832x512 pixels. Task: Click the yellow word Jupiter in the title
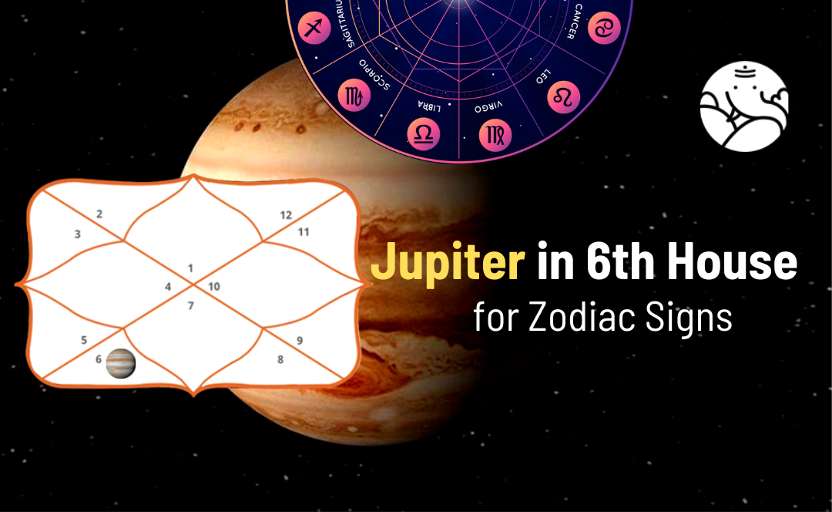(x=447, y=264)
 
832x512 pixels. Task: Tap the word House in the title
(x=732, y=262)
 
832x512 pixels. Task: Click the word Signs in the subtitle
(x=689, y=318)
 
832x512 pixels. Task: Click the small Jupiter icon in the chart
(x=121, y=362)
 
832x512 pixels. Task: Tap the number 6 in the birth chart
(x=98, y=359)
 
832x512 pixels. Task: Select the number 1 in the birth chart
(x=190, y=268)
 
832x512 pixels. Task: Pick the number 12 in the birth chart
(x=286, y=215)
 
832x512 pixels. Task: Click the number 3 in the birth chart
(x=77, y=234)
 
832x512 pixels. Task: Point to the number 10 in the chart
(x=214, y=287)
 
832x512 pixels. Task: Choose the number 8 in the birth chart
(x=280, y=359)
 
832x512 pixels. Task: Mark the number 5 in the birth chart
(x=83, y=339)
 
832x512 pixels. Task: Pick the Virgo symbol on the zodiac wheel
(x=494, y=134)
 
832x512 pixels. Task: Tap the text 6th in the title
(x=622, y=262)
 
